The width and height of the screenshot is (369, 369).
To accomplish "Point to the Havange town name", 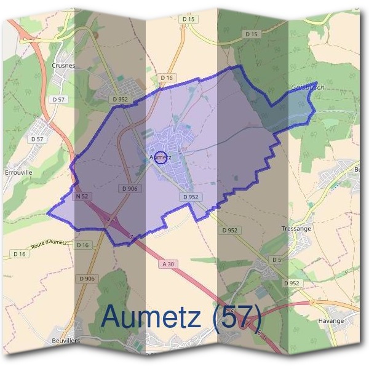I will [x=331, y=320].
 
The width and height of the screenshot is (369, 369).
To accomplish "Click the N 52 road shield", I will [x=82, y=196].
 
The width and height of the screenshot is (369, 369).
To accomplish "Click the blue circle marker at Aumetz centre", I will [x=160, y=158].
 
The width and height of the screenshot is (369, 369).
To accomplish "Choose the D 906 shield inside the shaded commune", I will [x=129, y=189].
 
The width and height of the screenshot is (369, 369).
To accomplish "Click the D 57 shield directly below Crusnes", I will [x=59, y=99].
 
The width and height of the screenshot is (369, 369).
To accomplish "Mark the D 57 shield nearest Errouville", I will [x=38, y=139].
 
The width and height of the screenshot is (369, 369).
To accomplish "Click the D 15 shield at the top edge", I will [x=189, y=20].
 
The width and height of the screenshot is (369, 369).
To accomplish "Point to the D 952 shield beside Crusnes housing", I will [x=120, y=98].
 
